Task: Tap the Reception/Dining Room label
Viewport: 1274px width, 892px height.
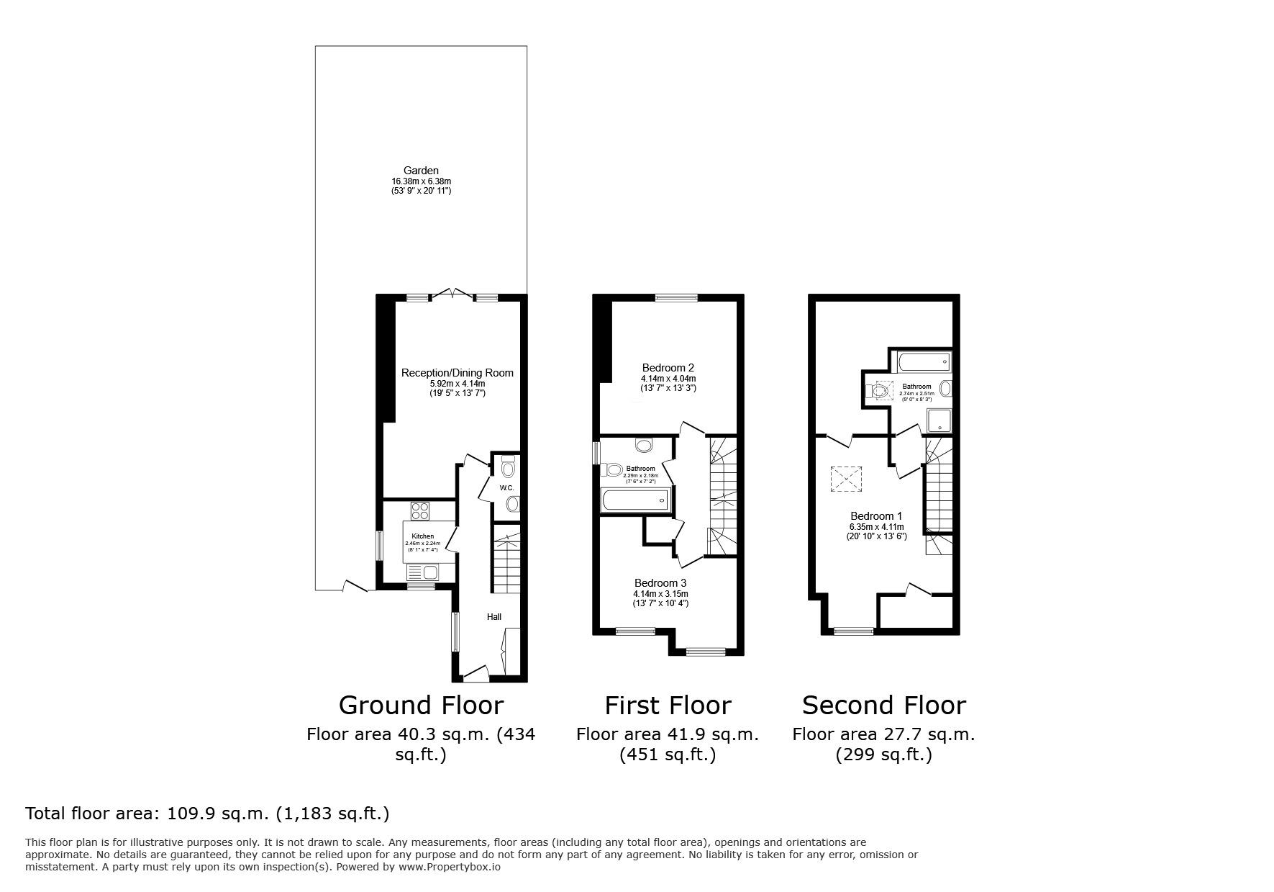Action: coord(457,372)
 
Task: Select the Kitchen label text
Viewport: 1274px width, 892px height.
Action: coord(422,536)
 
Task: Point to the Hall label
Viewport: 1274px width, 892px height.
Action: coord(494,617)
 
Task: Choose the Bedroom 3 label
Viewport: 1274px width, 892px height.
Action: coord(660,583)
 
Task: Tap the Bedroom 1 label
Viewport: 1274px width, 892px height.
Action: coord(876,516)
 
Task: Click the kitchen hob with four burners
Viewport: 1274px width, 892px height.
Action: coord(419,511)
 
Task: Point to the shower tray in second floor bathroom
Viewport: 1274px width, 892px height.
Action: coord(939,420)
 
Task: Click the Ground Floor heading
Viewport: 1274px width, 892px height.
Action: coord(421,705)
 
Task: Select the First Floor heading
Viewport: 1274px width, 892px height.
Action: coord(668,705)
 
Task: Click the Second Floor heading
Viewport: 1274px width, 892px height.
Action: coord(883,705)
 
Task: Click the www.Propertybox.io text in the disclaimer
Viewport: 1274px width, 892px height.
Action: coord(450,868)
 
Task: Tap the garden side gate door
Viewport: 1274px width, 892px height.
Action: coord(355,587)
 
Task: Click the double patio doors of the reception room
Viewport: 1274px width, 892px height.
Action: coord(452,294)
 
